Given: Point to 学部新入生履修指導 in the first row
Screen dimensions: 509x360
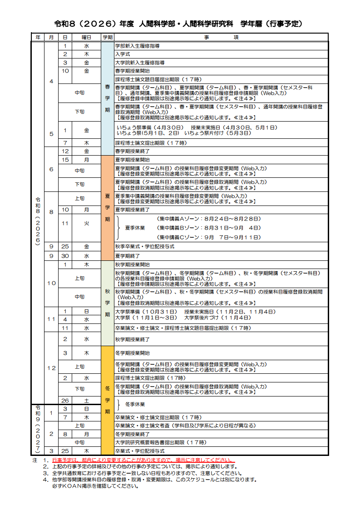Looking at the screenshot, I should tap(137, 46).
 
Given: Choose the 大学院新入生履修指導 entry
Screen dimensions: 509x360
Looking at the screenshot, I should tap(139, 63).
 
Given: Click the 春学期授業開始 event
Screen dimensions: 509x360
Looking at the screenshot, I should tap(132, 71).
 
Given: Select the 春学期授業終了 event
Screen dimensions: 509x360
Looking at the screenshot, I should tap(132, 151).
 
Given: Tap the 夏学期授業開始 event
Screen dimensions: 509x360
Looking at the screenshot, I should tap(132, 160).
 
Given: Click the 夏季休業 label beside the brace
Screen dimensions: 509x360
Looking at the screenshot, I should tap(135, 228).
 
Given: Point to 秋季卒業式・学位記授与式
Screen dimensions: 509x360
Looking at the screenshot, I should tap(144, 246).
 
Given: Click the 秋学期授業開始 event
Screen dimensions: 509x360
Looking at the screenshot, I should tap(132, 264).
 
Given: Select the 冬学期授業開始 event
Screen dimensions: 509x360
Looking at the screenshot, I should tap(132, 353).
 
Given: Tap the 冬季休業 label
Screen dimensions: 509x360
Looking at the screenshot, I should tap(135, 404).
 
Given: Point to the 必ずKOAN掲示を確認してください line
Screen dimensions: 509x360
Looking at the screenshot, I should tap(95, 486).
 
